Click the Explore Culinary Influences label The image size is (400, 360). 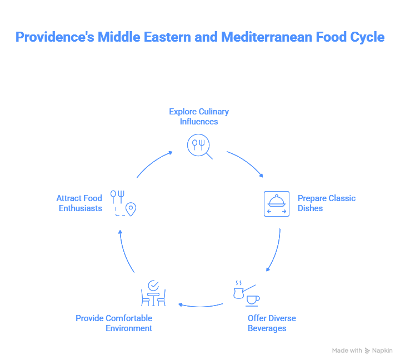point(199,116)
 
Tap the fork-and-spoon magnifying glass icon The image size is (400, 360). point(199,146)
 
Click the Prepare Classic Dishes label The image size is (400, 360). point(326,203)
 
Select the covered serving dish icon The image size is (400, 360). point(276,203)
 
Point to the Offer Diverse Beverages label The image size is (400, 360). point(272,323)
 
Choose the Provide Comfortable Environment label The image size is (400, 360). point(114,323)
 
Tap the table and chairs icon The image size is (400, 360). point(153,293)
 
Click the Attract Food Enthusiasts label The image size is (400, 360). point(79,203)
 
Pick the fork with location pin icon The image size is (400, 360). point(123,203)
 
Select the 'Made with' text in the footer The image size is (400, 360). point(347,351)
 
